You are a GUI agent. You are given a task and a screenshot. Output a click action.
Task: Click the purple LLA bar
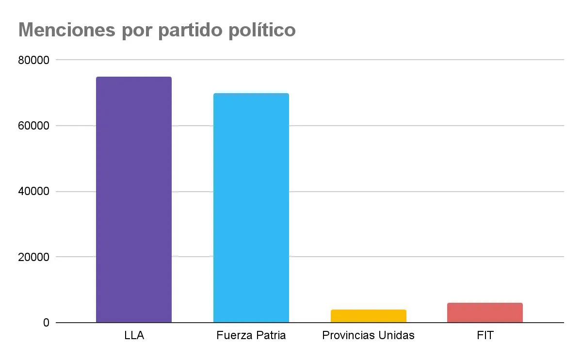[x=134, y=199]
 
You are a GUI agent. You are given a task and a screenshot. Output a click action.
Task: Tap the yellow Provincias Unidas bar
[x=369, y=316]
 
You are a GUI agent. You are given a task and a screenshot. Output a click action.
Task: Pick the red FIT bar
[x=485, y=312]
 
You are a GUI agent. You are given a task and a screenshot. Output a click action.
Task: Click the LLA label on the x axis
[x=134, y=335]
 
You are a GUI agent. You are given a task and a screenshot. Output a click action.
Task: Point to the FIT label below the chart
[x=485, y=335]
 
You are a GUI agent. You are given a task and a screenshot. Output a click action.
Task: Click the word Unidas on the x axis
[x=398, y=335]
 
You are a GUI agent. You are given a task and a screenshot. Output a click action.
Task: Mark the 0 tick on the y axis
[x=46, y=323]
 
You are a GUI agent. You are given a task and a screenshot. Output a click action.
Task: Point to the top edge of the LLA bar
[x=134, y=77]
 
